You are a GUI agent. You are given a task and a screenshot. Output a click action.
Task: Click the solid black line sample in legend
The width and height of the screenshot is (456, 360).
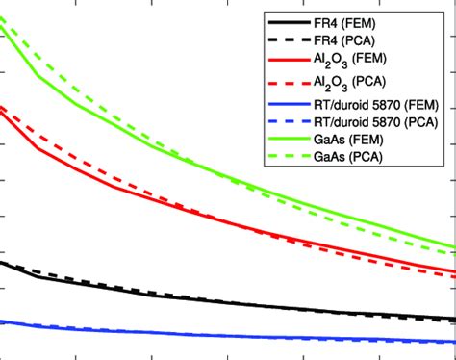tap(290, 21)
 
